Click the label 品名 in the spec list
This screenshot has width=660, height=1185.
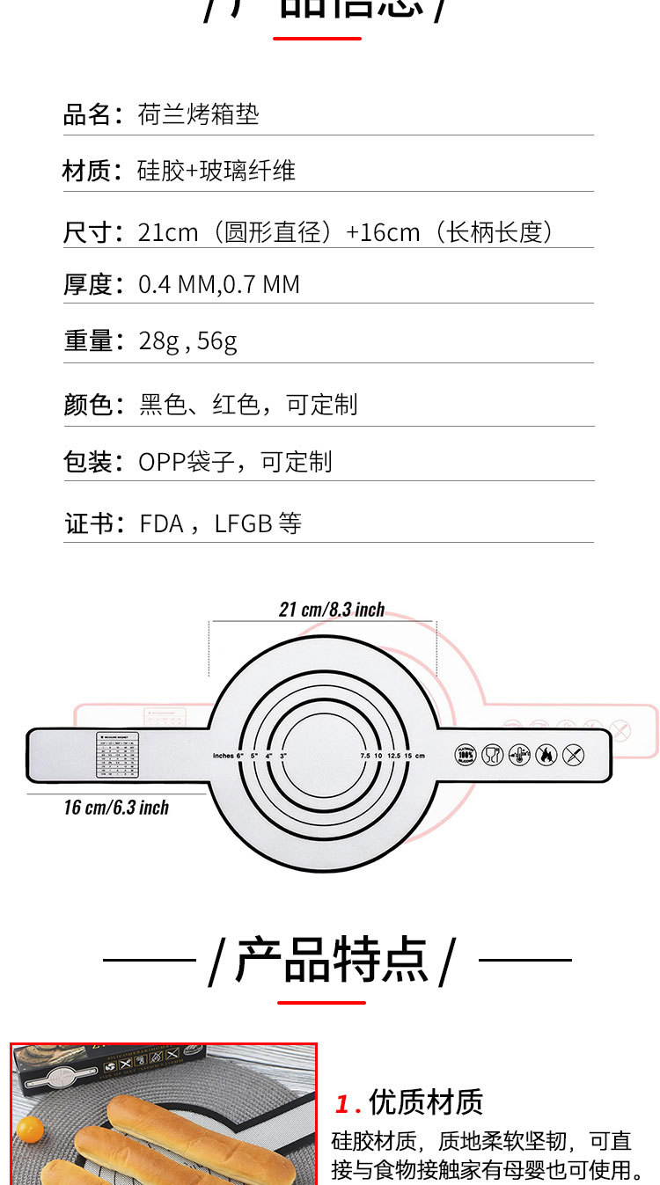pyautogui.click(x=86, y=114)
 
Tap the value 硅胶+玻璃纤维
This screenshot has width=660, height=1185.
pyautogui.click(x=216, y=171)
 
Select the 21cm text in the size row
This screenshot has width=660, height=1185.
pyautogui.click(x=168, y=232)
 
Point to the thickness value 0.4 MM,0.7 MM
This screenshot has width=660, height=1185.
pyautogui.click(x=219, y=285)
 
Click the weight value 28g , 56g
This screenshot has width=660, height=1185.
pyautogui.click(x=187, y=341)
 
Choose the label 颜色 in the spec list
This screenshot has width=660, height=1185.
pyautogui.click(x=86, y=405)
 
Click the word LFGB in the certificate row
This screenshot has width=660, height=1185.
pyautogui.click(x=243, y=524)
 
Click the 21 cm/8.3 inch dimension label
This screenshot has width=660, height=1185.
pyautogui.click(x=332, y=610)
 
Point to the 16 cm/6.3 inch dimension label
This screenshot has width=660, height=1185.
pyautogui.click(x=116, y=808)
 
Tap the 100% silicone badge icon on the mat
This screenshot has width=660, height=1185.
pyautogui.click(x=466, y=754)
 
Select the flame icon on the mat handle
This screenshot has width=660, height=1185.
pyautogui.click(x=546, y=754)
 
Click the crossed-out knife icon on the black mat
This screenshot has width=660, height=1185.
pyautogui.click(x=573, y=754)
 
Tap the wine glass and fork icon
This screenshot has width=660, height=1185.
pyautogui.click(x=493, y=754)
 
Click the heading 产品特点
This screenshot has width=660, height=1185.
pyautogui.click(x=332, y=960)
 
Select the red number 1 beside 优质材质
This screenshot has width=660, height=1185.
pyautogui.click(x=342, y=1103)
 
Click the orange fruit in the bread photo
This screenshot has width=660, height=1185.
pyautogui.click(x=30, y=1128)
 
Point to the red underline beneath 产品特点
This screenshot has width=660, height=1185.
pyautogui.click(x=321, y=1002)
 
